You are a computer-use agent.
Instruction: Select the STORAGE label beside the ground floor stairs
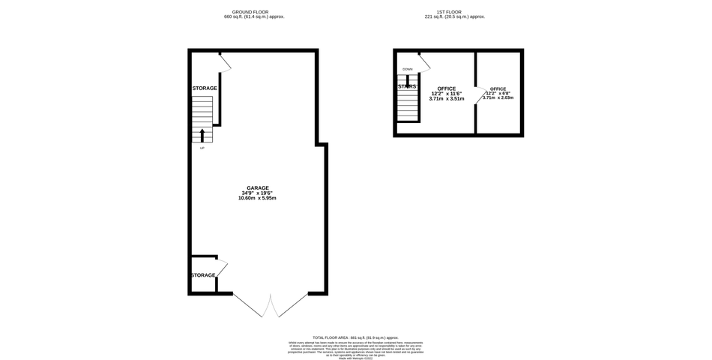click(204, 88)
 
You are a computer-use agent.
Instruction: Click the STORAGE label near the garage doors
click(203, 275)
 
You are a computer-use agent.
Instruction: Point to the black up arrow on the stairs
click(202, 135)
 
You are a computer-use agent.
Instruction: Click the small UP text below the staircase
click(202, 148)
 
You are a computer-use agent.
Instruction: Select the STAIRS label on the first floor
click(407, 87)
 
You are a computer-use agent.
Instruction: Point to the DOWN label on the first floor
click(407, 69)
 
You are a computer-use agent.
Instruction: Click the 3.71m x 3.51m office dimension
click(447, 98)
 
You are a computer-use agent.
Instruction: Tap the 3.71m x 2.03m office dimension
click(498, 97)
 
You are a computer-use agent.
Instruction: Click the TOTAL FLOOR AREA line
click(355, 338)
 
